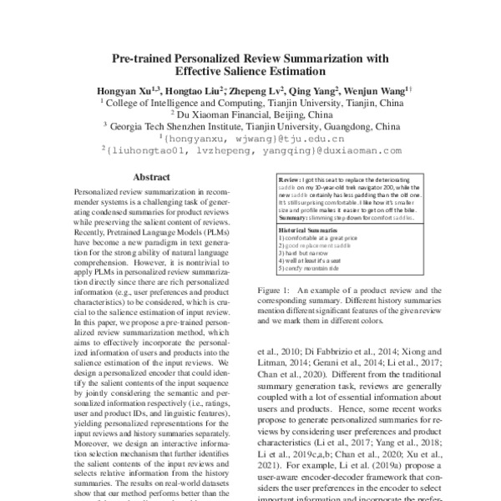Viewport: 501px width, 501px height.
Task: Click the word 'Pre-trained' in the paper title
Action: coord(141,59)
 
